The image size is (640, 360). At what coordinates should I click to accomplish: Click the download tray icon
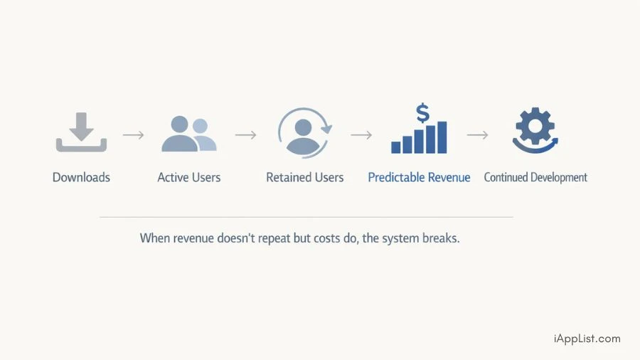(81, 132)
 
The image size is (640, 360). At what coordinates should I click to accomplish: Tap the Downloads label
(81, 177)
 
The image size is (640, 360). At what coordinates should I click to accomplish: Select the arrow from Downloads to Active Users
(133, 134)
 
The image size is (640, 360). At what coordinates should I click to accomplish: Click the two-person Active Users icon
(188, 134)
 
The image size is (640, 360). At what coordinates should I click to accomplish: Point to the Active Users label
(189, 177)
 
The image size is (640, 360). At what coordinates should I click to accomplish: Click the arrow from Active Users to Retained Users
(245, 134)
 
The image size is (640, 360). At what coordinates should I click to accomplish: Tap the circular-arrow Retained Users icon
(304, 132)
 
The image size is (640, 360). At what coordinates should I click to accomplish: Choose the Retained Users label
(304, 177)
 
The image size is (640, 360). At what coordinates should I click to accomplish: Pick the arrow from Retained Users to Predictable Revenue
(361, 134)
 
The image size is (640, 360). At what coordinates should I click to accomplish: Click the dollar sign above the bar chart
(422, 112)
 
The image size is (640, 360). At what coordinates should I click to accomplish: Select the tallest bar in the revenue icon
(442, 137)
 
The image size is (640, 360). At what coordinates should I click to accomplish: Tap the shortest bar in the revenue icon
(396, 147)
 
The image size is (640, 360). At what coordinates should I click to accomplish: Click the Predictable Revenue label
(419, 177)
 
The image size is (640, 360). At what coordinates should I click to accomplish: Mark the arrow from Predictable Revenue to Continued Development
(477, 134)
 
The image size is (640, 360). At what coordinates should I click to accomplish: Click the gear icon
(535, 129)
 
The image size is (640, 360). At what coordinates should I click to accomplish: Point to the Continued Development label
(535, 177)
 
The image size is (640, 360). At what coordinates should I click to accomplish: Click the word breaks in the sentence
(441, 238)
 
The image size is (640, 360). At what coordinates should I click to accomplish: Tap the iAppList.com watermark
(587, 339)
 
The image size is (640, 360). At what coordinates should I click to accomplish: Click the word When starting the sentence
(155, 238)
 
